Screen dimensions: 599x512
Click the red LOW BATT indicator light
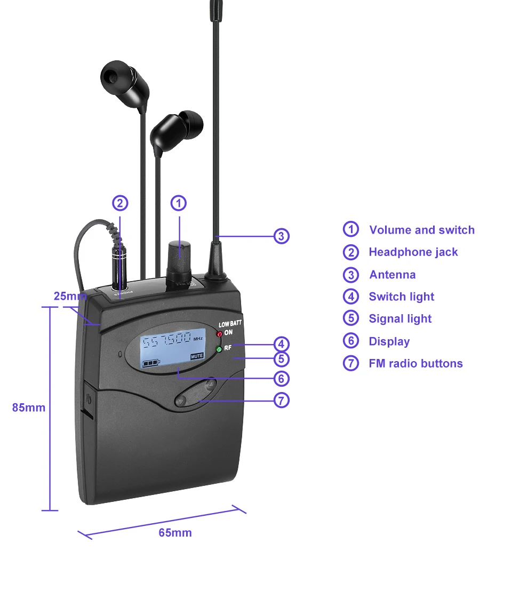pos(219,334)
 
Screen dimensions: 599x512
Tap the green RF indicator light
pos(218,350)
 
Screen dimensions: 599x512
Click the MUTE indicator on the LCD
pos(197,356)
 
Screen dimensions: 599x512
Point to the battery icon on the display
pos(151,363)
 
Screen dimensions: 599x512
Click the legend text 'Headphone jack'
pos(413,252)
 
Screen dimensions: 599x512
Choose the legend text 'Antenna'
pos(392,275)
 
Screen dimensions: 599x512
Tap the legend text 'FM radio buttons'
pos(415,364)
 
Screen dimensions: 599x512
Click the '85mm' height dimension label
pos(29,408)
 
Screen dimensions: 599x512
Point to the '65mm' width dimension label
pos(175,533)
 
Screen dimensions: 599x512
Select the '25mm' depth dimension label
pos(70,296)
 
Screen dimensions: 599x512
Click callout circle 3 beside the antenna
pos(282,236)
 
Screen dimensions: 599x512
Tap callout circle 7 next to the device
pos(282,400)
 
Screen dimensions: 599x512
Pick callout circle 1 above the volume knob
pos(179,203)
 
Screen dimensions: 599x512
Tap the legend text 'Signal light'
pos(400,319)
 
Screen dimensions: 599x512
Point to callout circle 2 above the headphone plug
pos(120,203)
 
